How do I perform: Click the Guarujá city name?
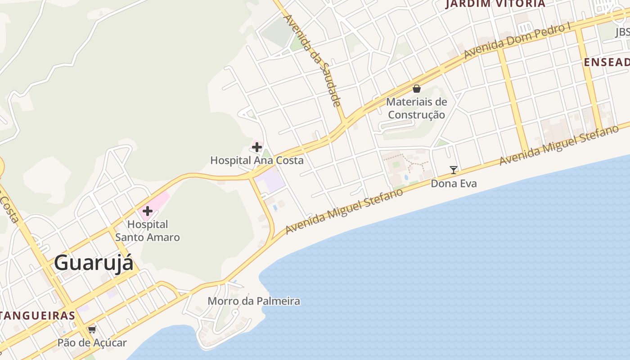94,263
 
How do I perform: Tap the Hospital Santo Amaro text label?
148,231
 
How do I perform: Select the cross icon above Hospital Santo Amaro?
148,211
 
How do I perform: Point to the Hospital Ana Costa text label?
257,160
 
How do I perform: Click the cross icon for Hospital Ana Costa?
257,147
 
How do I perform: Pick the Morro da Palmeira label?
254,301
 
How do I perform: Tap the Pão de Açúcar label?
92,343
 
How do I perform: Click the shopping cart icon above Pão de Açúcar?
92,329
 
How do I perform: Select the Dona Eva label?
454,184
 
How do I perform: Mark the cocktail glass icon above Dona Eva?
454,170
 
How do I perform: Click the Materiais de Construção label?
417,108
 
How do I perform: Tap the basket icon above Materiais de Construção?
417,89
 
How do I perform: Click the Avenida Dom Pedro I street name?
517,41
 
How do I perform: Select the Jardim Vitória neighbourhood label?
495,4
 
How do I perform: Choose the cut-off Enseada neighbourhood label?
607,63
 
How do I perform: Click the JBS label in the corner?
622,32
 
